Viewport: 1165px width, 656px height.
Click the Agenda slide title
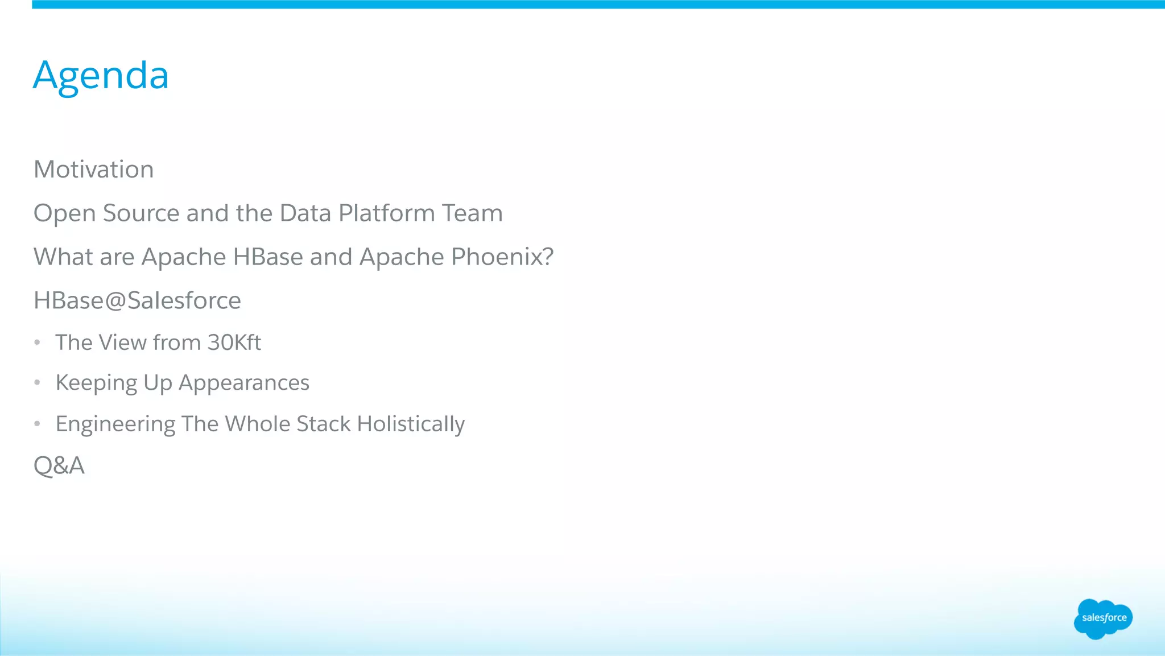[101, 75]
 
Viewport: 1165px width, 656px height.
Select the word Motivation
[94, 170]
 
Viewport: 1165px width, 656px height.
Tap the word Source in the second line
[141, 213]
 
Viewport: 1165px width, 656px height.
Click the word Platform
[386, 213]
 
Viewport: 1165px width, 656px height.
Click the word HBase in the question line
[268, 257]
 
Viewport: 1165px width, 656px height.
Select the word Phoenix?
[502, 257]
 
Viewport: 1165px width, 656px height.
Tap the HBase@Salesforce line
[137, 301]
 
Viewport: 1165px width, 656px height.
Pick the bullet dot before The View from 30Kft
[37, 343]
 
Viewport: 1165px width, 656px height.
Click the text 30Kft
[234, 343]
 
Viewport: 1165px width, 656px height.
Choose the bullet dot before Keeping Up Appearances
[37, 383]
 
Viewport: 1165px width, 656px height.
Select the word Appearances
[244, 383]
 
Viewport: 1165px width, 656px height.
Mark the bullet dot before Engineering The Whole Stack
[37, 424]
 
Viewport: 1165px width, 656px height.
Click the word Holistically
[411, 424]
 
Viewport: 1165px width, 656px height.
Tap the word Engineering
[115, 424]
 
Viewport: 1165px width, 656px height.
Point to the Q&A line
[59, 466]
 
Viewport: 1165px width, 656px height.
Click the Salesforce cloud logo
[1103, 618]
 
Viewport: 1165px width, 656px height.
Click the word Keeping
[96, 383]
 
